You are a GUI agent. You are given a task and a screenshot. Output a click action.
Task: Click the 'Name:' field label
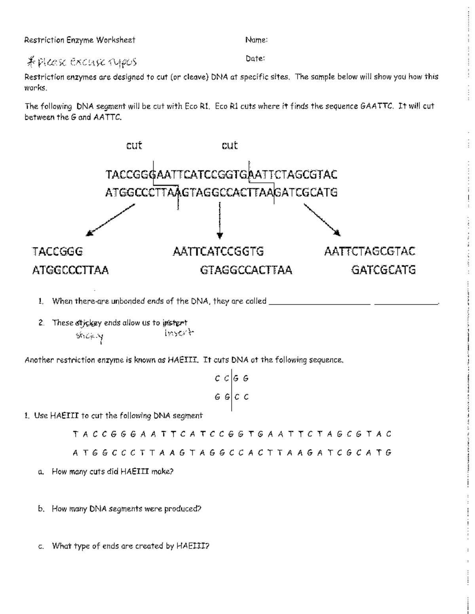[256, 40]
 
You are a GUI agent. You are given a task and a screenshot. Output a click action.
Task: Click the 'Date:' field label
[255, 59]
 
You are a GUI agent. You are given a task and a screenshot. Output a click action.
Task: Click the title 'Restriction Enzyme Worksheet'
[80, 40]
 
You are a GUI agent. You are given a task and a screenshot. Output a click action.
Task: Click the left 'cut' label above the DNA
[134, 145]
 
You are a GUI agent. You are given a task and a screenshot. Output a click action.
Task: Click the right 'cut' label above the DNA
[230, 145]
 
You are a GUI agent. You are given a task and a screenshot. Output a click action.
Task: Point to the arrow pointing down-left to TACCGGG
[110, 219]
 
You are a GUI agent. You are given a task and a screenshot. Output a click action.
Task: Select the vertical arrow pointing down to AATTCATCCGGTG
[220, 220]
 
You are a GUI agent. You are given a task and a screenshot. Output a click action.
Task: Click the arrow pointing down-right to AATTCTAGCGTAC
[322, 219]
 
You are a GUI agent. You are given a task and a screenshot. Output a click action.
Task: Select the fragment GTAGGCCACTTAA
[246, 270]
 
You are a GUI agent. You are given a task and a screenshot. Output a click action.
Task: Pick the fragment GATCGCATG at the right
[383, 270]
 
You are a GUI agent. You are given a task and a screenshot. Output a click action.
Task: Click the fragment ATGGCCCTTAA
[70, 270]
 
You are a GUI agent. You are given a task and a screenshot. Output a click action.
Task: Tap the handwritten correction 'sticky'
[89, 336]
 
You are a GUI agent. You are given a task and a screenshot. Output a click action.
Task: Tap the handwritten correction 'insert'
[179, 333]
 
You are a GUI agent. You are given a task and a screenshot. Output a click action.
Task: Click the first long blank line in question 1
[319, 304]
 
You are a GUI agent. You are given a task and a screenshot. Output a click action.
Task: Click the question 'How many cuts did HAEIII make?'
[112, 471]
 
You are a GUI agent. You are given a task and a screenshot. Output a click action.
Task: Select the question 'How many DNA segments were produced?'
[126, 509]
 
